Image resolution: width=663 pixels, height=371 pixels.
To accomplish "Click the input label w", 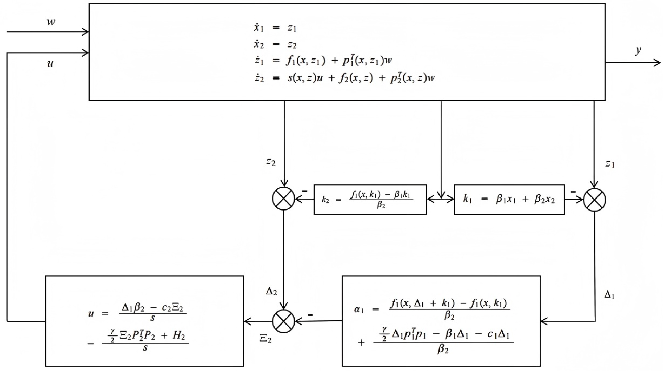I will point(51,23).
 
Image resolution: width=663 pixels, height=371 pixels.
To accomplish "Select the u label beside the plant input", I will point(50,64).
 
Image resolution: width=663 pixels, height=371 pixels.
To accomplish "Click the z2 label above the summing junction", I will point(271,162).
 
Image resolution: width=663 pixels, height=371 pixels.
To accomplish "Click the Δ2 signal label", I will point(271,292).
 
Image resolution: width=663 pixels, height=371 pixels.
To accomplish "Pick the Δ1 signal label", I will point(609,295).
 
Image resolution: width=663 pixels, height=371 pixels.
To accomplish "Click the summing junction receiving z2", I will point(283,199).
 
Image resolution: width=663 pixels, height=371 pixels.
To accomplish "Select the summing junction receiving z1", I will point(594,200).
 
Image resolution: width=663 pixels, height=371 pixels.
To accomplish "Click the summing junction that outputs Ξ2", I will point(283,321).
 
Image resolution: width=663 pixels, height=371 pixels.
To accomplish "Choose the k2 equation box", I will point(370,200).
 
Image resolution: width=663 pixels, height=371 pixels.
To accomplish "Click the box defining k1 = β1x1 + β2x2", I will point(509,200).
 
